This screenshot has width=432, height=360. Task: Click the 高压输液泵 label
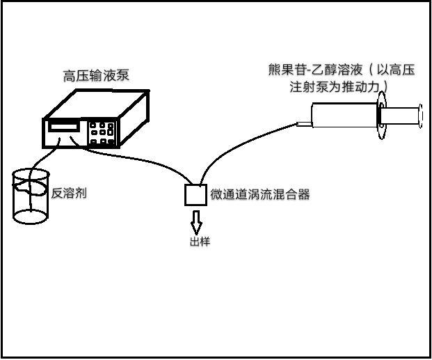tap(95, 75)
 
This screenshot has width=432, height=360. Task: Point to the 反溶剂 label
tap(68, 193)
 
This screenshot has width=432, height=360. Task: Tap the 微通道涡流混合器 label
tap(259, 194)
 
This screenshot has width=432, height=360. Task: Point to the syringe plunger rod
tap(402, 117)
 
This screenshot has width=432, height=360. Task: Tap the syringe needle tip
tap(300, 125)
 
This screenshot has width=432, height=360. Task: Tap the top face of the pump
tap(97, 104)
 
